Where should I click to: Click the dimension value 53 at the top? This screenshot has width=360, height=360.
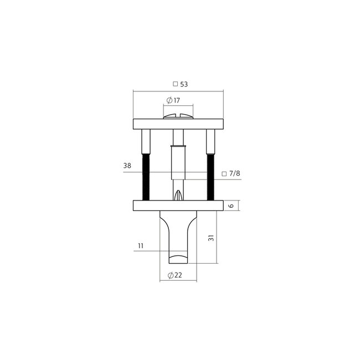(183, 84)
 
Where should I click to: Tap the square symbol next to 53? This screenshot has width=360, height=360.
(175, 84)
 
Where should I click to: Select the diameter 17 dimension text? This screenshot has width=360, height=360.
(177, 101)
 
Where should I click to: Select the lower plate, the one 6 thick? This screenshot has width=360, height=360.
(150, 206)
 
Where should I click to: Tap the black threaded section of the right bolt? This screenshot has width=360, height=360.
(210, 177)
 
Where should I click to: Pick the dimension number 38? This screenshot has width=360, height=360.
(127, 166)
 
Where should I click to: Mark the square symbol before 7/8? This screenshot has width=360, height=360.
(224, 173)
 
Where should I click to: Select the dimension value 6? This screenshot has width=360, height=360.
(233, 205)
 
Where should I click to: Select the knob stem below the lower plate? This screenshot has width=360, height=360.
(177, 235)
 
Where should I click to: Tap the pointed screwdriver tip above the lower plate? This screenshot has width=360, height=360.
(177, 196)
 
